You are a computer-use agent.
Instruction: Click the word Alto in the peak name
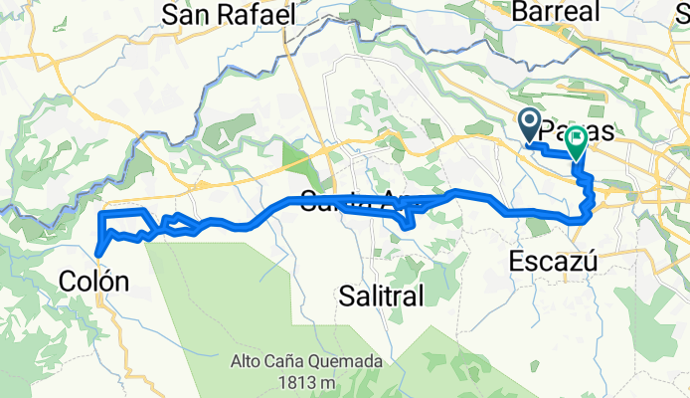251,361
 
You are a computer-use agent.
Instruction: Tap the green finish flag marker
576,145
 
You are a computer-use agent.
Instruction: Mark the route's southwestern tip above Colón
97,251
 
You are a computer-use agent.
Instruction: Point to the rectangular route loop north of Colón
126,223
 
